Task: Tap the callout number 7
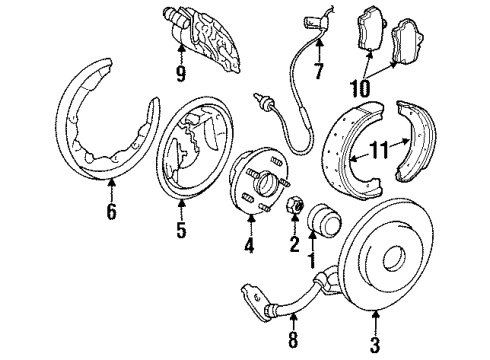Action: [x=291, y=71]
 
